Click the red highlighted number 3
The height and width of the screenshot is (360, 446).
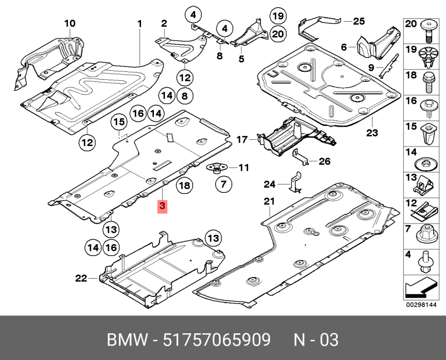pyautogui.click(x=162, y=207)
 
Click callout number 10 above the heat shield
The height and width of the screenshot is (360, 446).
pyautogui.click(x=69, y=23)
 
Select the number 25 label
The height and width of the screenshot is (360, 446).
pyautogui.click(x=358, y=22)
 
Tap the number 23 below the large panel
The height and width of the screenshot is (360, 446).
pyautogui.click(x=372, y=133)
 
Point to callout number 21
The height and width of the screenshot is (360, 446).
pyautogui.click(x=270, y=201)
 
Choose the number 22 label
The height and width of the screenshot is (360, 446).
pyautogui.click(x=81, y=278)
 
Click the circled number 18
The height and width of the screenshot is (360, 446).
pyautogui.click(x=185, y=186)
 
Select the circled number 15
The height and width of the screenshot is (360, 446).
pyautogui.click(x=118, y=123)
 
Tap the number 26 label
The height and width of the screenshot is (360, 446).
pyautogui.click(x=324, y=162)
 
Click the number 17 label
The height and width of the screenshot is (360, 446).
pyautogui.click(x=242, y=139)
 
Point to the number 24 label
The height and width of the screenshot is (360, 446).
pyautogui.click(x=270, y=184)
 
